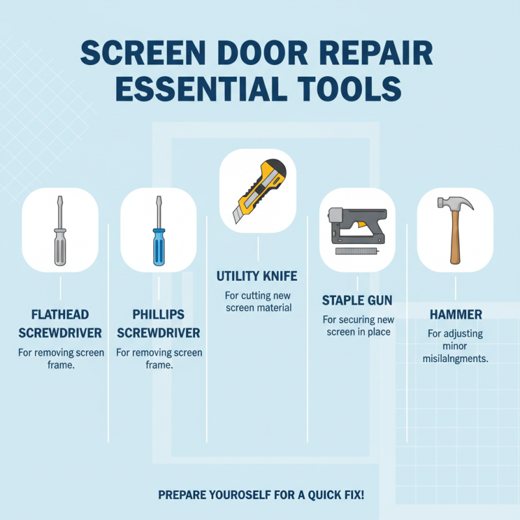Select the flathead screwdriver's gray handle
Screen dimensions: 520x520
pyautogui.click(x=60, y=248)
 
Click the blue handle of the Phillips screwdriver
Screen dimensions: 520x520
pyautogui.click(x=158, y=248)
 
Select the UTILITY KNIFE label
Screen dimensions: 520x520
pyautogui.click(x=257, y=276)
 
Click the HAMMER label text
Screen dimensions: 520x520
pyautogui.click(x=455, y=315)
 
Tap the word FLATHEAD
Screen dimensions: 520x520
pyautogui.click(x=60, y=315)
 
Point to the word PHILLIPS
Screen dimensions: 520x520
pyautogui.click(x=158, y=315)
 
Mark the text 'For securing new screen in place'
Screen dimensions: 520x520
pyautogui.click(x=356, y=326)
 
